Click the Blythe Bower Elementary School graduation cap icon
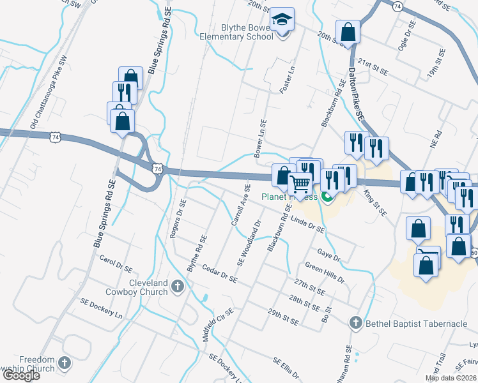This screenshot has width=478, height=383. tap(281, 20)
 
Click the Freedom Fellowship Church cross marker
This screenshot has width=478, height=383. tap(63, 363)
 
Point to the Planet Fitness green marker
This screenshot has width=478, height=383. tap(328, 197)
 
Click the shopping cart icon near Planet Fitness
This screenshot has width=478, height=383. tap(300, 184)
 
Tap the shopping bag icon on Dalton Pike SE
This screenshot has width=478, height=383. tap(348, 32)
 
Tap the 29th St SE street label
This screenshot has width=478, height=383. tap(283, 317)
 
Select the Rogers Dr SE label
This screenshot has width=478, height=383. tap(178, 219)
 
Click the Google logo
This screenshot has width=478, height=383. tap(21, 375)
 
